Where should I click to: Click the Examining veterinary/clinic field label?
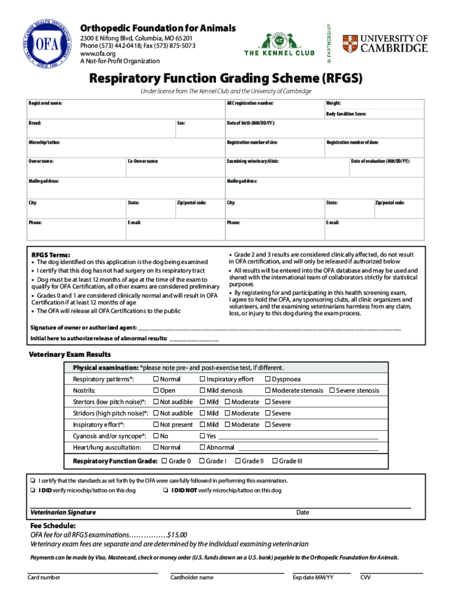pyautogui.click(x=253, y=161)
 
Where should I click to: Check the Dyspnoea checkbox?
pyautogui.click(x=268, y=379)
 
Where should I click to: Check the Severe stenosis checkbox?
pyautogui.click(x=332, y=391)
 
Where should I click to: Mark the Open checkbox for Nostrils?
pyautogui.click(x=156, y=391)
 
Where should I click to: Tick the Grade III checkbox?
pyautogui.click(x=276, y=461)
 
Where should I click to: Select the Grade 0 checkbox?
pyautogui.click(x=164, y=461)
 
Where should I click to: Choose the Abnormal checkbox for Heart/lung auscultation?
pyautogui.click(x=203, y=447)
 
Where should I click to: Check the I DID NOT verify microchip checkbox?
pyautogui.click(x=166, y=491)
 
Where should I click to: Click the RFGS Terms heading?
pyautogui.click(x=50, y=255)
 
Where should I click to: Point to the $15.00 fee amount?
pyautogui.click(x=177, y=535)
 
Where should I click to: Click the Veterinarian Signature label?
pyautogui.click(x=63, y=512)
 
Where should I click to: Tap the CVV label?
pyautogui.click(x=365, y=578)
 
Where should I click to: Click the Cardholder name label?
pyautogui.click(x=191, y=578)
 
